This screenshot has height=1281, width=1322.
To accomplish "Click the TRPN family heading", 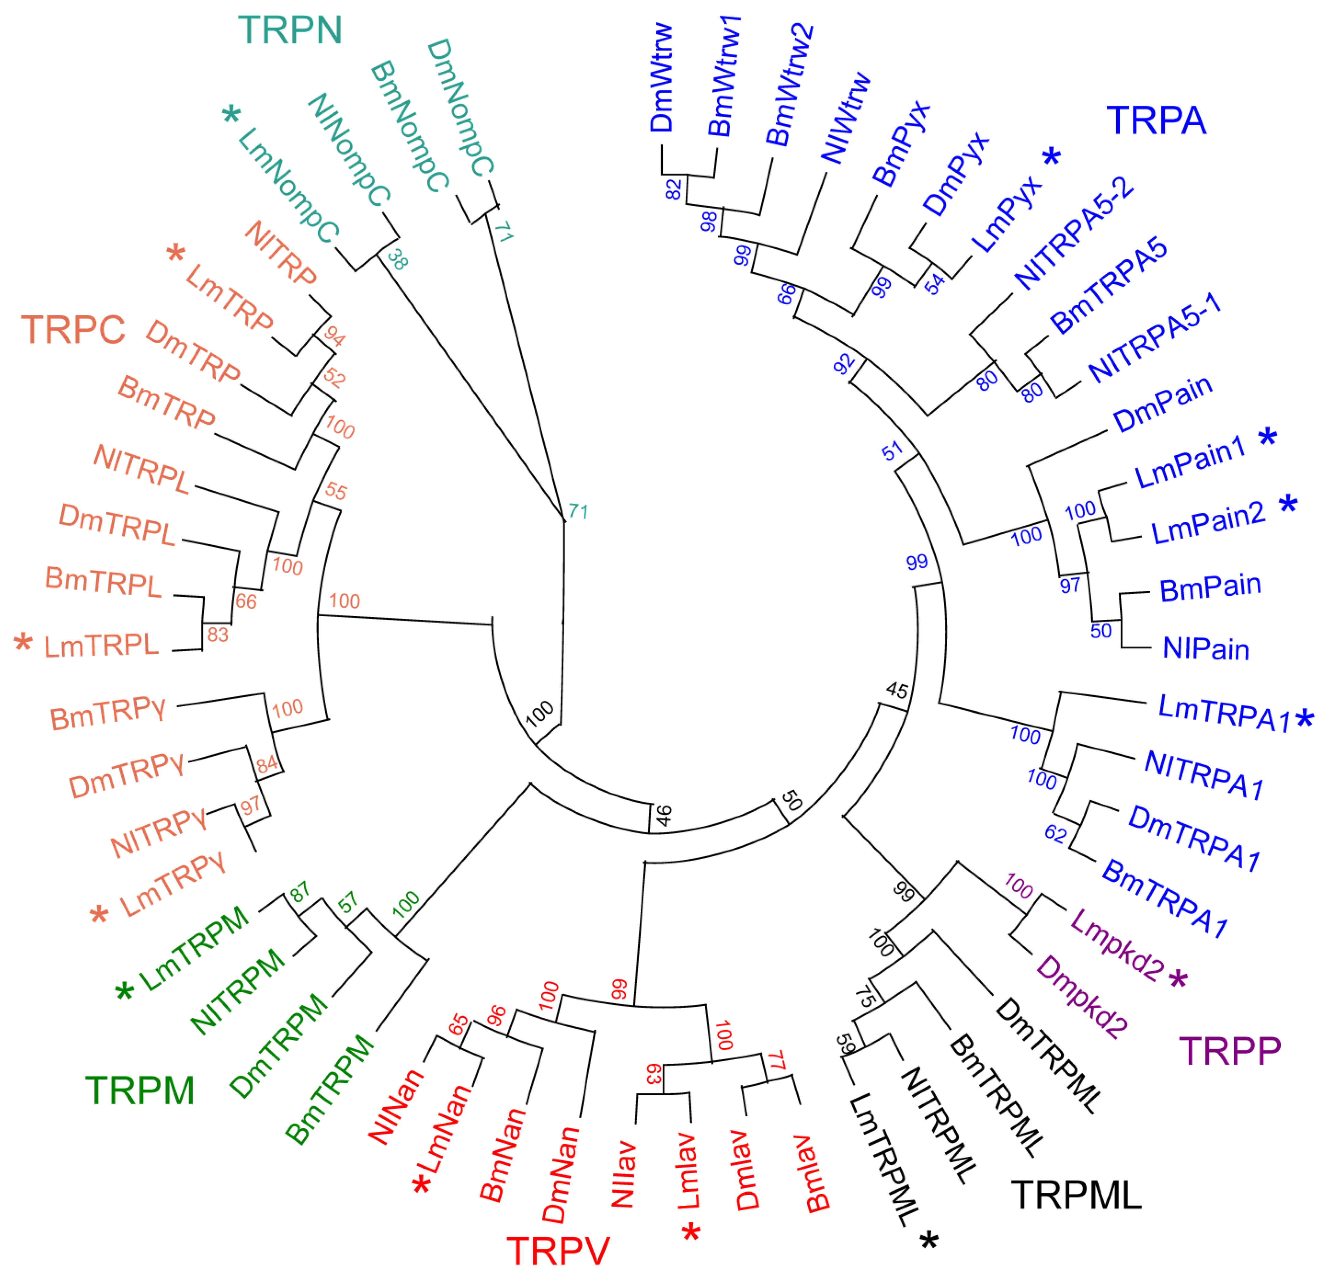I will (x=290, y=30).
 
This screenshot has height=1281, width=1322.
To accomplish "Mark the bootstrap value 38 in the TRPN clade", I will (x=397, y=260).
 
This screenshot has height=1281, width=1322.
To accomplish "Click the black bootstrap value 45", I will (x=896, y=690).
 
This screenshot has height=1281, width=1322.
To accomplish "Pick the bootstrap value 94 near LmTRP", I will (x=334, y=335).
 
